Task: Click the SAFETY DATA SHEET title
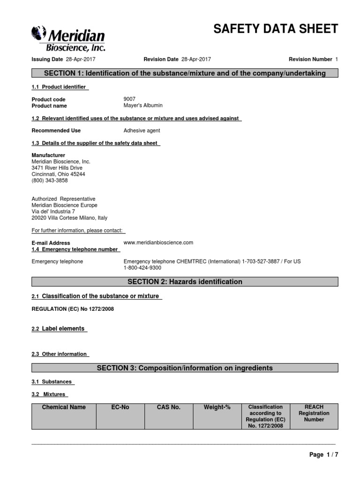click(x=276, y=29)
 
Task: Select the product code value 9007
click(x=129, y=99)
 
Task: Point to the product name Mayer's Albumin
click(x=143, y=105)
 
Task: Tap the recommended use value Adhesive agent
click(x=142, y=131)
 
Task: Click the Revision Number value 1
click(x=337, y=59)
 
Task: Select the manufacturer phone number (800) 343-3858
click(x=49, y=180)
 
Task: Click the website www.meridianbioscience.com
click(x=158, y=242)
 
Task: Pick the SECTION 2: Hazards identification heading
click(x=185, y=282)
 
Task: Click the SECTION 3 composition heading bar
click(x=185, y=368)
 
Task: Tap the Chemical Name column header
click(x=64, y=407)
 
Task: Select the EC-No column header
click(x=120, y=407)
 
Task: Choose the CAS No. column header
click(x=169, y=407)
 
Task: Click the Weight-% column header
click(x=217, y=407)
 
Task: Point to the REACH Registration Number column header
click(x=314, y=413)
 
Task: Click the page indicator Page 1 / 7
click(x=323, y=455)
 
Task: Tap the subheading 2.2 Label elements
click(x=59, y=329)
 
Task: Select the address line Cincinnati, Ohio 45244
click(x=58, y=174)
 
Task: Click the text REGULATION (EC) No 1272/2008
click(x=73, y=309)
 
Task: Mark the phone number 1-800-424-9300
click(x=142, y=268)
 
